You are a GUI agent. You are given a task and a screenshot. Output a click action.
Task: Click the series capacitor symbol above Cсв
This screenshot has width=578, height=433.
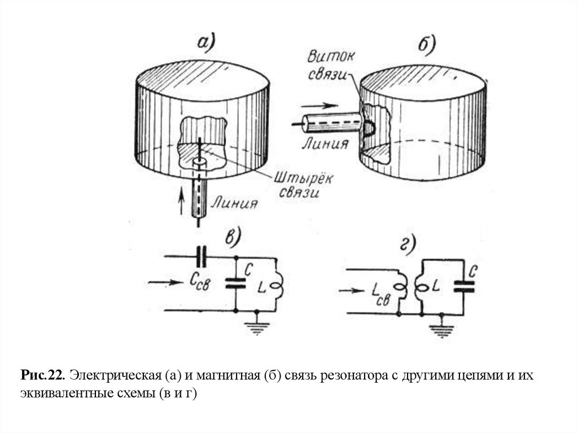coord(202,257)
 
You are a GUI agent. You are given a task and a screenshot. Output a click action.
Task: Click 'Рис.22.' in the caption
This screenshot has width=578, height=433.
coord(45,375)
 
